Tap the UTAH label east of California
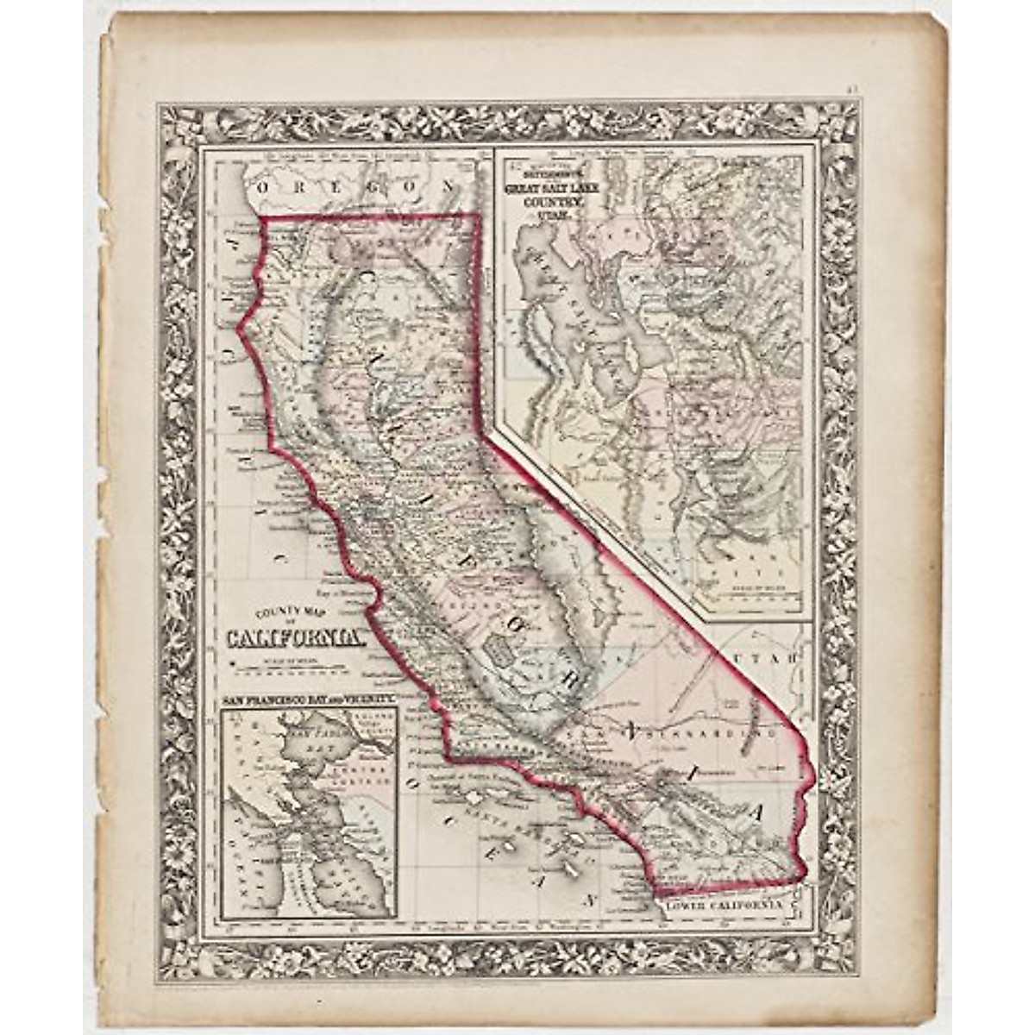[x=771, y=658]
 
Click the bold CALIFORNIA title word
[x=294, y=638]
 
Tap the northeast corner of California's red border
[x=480, y=216]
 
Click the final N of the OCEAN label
[x=593, y=900]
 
